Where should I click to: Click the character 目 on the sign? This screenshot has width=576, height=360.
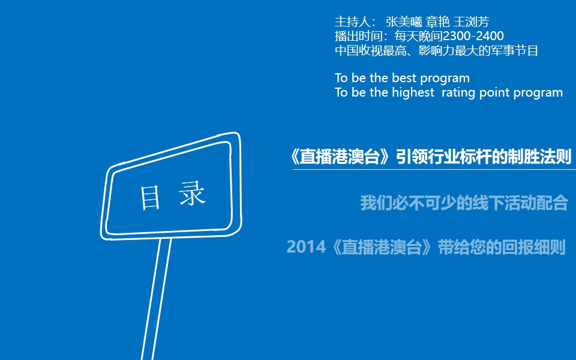151,197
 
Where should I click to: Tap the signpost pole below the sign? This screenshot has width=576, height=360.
156,299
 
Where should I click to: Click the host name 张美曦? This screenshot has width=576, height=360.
404,22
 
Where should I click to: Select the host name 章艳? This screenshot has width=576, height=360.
437,22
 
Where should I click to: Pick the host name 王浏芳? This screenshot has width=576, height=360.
472,22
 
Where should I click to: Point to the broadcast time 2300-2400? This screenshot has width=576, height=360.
473,36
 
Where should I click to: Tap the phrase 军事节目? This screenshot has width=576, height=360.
514,50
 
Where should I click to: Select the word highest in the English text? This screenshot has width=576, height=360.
413,92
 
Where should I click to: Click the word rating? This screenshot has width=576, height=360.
458,92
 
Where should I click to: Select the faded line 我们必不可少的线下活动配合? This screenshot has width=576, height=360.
464,203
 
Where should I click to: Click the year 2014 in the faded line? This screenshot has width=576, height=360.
306,247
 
